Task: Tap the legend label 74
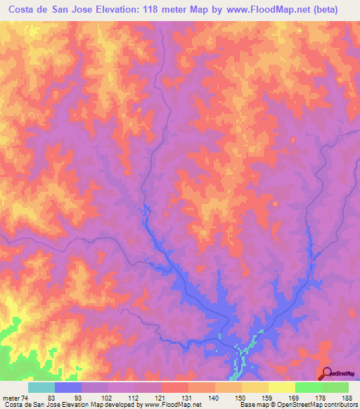coord(27,398)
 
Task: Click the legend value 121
coord(160,398)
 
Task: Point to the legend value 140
coord(214,398)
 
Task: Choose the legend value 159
coord(267,398)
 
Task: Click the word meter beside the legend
coord(11,398)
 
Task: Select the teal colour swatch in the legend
coord(41,387)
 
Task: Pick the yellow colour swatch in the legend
coord(281,387)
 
